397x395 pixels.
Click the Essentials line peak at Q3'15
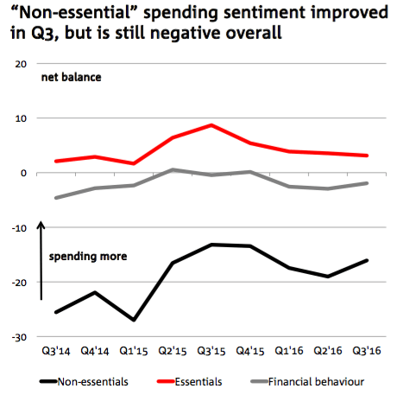[211, 125]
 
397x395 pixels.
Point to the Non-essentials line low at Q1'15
[134, 320]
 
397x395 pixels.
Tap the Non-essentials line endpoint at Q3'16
[367, 260]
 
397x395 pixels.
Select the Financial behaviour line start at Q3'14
[56, 198]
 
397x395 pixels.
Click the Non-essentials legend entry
[84, 382]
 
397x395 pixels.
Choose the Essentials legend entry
[190, 382]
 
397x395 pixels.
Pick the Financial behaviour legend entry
[307, 382]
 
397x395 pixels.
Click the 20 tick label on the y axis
[21, 64]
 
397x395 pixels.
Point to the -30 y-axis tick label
[19, 337]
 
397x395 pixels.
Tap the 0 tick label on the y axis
[23, 173]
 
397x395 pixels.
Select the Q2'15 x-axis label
[173, 351]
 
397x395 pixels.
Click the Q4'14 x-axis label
[95, 351]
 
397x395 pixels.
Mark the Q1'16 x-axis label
[289, 351]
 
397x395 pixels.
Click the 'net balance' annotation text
[72, 77]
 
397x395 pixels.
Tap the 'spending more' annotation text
[88, 257]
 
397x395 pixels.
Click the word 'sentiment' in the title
[265, 12]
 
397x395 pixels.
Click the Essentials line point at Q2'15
[173, 137]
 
